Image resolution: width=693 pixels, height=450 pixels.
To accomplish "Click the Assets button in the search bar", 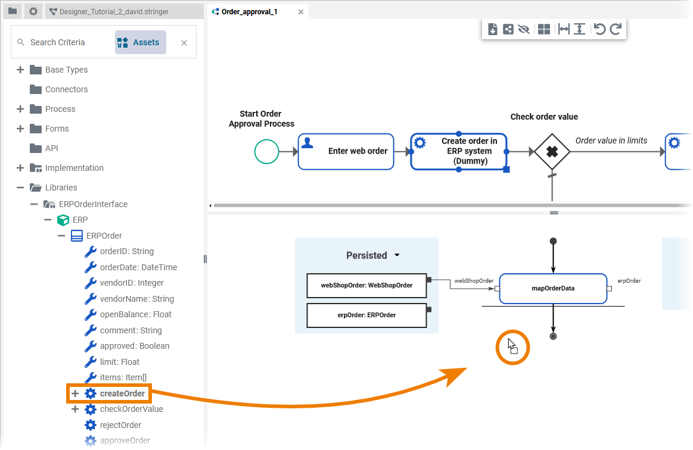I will point(140,42).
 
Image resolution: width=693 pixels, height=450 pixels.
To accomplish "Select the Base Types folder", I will point(66,70).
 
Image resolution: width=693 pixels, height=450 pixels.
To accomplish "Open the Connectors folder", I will point(66,89).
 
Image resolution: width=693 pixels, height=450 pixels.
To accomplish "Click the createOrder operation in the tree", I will point(122,393).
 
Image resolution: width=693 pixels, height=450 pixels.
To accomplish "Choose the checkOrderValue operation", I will point(131,409).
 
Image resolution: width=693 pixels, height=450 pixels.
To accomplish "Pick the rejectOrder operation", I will point(120,425).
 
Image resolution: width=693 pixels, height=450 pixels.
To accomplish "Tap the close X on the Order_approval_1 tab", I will point(300,11).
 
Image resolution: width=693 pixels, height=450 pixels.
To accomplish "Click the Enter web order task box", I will point(346,151).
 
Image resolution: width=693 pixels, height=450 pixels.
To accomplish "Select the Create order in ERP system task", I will point(459,151).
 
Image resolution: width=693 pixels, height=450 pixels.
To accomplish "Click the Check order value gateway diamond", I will point(552,152).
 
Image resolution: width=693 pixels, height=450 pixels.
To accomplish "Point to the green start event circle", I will point(266,152).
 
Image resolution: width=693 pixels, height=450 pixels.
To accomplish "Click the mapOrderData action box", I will point(553,289).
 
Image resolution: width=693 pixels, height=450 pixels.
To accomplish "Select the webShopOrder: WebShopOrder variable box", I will point(366,285).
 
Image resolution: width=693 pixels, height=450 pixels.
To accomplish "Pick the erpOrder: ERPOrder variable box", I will point(366,315).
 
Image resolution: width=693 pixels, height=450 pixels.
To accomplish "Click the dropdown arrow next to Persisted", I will point(397,255).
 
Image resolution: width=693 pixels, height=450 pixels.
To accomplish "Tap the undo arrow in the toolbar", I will point(600,29).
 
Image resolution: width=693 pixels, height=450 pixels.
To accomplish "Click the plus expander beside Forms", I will point(20,129).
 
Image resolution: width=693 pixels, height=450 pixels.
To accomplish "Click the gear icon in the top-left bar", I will point(33,11).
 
